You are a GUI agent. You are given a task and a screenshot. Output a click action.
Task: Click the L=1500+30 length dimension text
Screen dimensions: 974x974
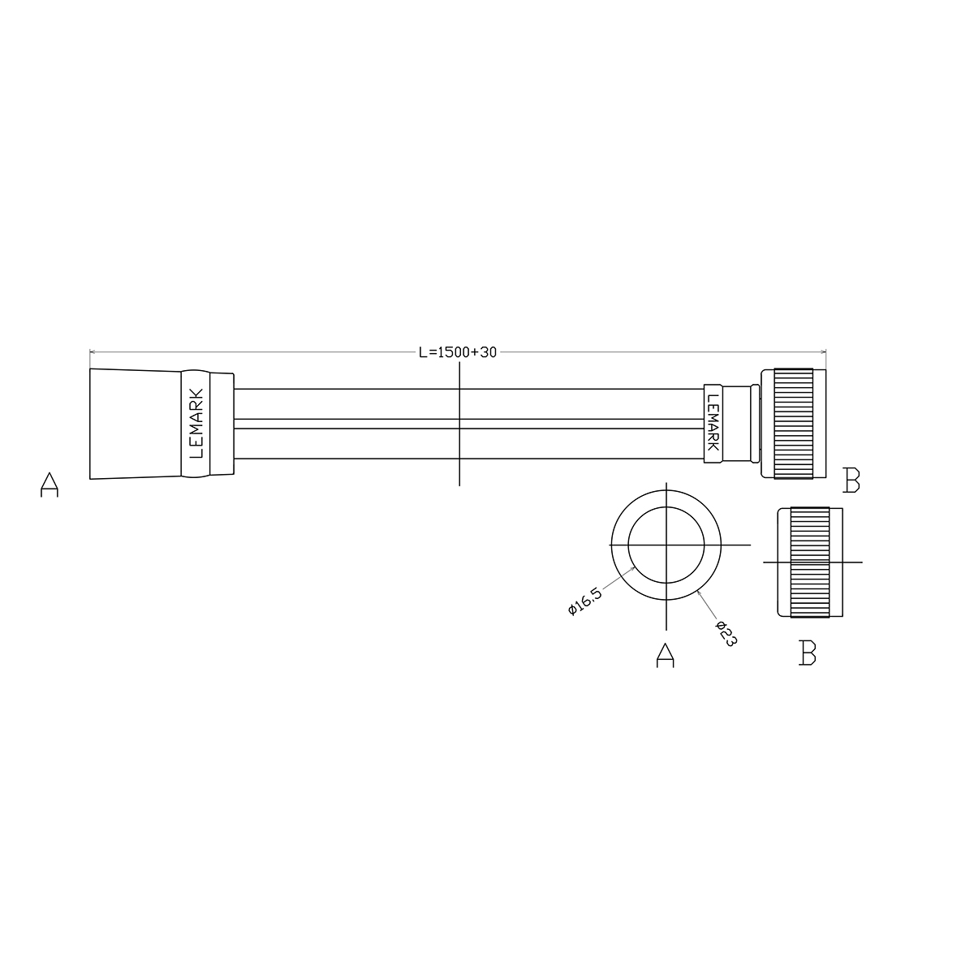(458, 352)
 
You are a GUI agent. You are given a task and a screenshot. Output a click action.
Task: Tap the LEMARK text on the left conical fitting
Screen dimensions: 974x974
(196, 424)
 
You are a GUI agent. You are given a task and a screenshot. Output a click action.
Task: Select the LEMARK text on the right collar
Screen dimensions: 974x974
(713, 423)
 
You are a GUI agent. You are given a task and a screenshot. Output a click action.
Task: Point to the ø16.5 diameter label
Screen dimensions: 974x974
(585, 601)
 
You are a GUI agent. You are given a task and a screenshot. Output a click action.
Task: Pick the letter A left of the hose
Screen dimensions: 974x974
(50, 485)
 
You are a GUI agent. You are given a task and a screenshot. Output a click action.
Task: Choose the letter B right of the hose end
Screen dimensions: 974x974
(851, 481)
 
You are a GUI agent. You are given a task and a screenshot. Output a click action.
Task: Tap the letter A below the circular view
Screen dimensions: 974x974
(666, 655)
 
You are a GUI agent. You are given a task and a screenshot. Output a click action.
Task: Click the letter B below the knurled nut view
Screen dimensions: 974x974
(807, 653)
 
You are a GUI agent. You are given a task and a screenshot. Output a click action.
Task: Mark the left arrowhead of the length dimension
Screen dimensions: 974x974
(93, 351)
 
